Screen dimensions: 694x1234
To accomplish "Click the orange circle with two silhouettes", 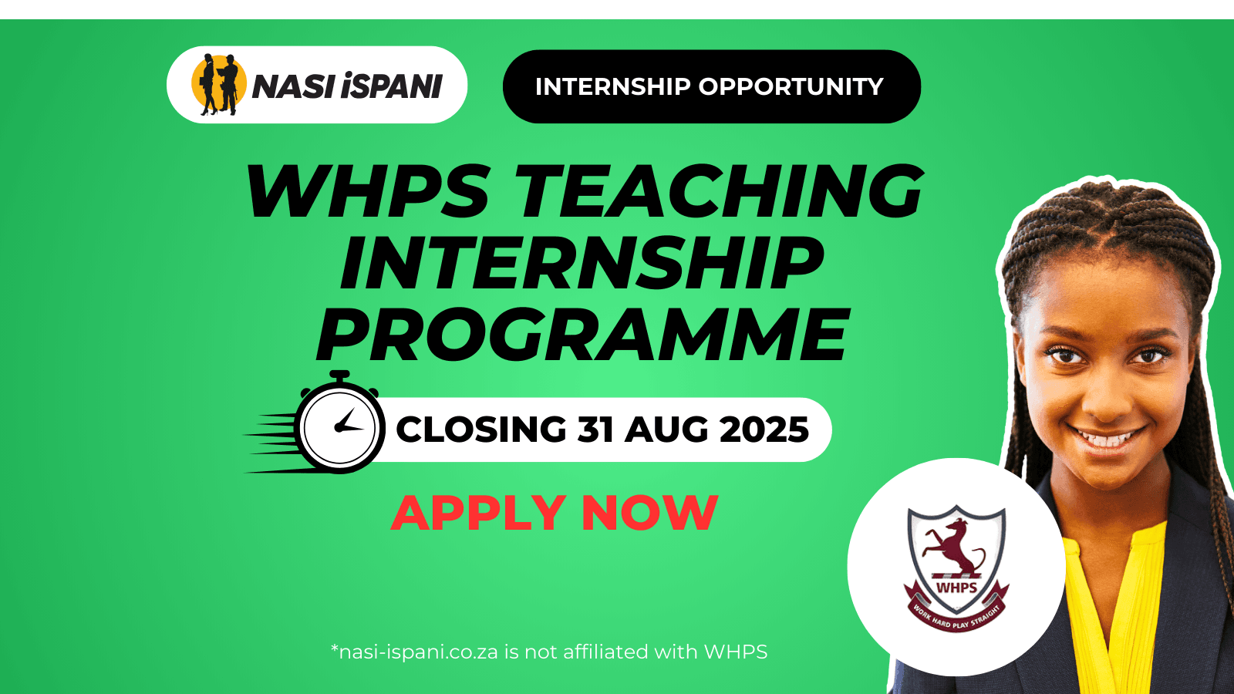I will (218, 83).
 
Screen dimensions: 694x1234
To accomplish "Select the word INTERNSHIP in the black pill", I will (612, 86).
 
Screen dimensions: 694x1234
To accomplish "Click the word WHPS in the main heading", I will (368, 192).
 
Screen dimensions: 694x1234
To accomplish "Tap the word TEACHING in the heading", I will (719, 192).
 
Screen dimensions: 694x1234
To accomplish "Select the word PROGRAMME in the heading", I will (583, 335).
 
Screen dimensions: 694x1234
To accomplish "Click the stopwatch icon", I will (339, 426).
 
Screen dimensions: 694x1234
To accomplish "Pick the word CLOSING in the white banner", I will (481, 430).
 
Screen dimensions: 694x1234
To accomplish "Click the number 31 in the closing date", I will (595, 430).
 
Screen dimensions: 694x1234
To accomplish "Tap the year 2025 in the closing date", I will (763, 430).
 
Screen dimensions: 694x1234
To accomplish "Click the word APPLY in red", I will (478, 513).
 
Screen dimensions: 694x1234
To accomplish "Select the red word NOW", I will (649, 513).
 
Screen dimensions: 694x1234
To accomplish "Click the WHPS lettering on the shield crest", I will (956, 588).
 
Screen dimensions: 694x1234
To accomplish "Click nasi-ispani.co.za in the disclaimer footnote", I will (418, 652).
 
